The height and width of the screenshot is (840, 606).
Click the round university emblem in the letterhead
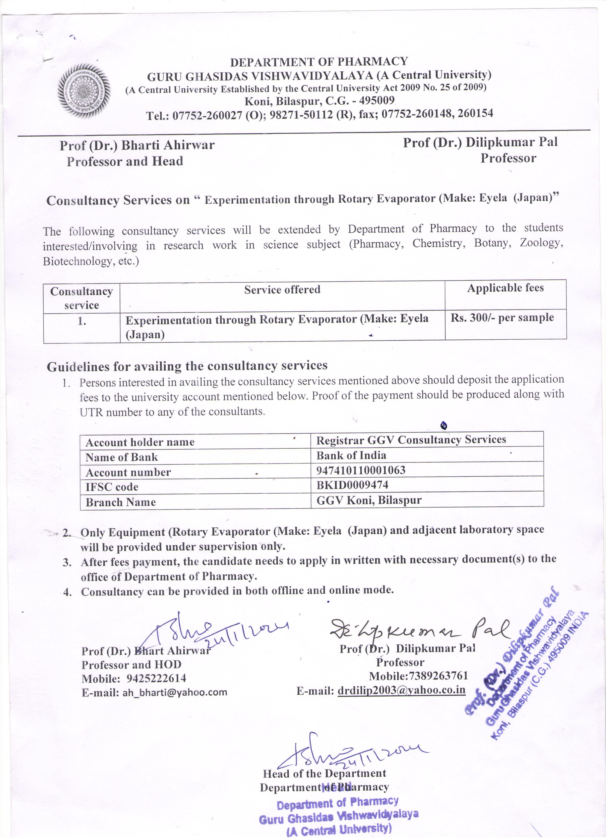(85, 90)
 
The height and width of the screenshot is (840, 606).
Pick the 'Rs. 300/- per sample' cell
(502, 318)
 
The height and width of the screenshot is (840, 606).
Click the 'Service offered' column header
(282, 290)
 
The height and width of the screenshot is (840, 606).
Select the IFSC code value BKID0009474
(352, 485)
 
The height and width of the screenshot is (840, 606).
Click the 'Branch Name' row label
(121, 502)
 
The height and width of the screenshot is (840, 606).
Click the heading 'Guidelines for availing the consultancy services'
(187, 366)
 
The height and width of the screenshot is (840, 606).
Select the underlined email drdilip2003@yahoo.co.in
(402, 690)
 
